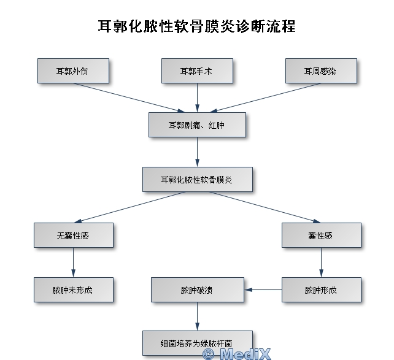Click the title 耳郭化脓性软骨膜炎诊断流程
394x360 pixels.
[197, 26]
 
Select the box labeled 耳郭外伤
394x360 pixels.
[73, 71]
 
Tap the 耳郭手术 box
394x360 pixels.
[197, 71]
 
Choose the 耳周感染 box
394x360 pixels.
[320, 71]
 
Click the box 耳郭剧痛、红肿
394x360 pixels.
[197, 124]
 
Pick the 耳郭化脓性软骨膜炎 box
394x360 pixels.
[197, 180]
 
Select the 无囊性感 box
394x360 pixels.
[73, 235]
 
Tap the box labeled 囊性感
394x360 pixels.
[321, 235]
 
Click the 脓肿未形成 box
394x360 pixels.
[73, 290]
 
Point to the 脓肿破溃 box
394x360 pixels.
[197, 290]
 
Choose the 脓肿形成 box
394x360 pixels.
[321, 290]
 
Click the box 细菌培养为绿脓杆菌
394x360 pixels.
[197, 342]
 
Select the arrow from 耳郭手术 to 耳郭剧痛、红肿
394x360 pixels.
[197, 98]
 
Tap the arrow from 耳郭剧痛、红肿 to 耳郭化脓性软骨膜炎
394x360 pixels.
[197, 152]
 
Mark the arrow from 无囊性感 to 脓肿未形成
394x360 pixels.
[73, 262]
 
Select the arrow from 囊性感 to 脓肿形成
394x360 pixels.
[321, 262]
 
